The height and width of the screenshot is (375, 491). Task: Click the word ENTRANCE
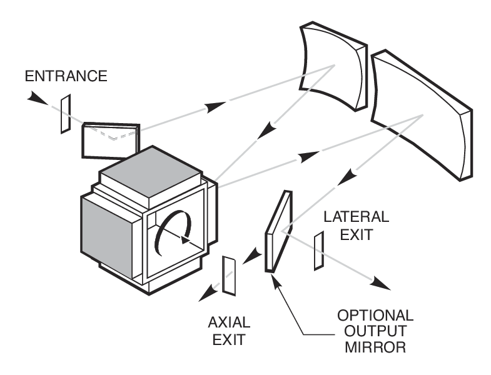point(66,76)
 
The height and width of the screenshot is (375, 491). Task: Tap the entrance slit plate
point(66,114)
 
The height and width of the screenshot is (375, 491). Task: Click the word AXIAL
point(229,323)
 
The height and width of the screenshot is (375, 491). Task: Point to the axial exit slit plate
point(229,276)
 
